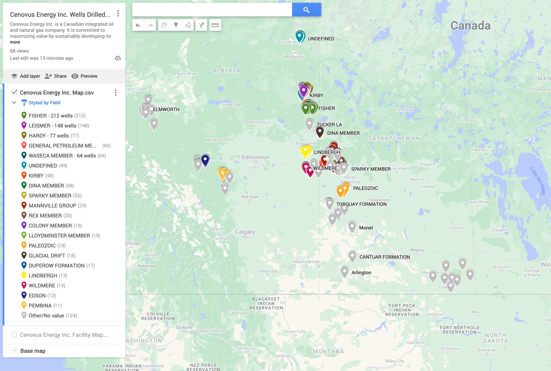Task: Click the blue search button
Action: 306,10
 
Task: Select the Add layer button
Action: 26,76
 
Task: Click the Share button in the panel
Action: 56,76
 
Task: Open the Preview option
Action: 84,76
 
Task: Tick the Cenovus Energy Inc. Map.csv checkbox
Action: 15,92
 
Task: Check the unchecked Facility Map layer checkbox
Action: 14,335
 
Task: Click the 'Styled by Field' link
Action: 44,103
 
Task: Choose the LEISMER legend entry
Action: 52,126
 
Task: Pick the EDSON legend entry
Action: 37,296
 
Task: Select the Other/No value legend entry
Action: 46,316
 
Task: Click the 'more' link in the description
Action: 15,42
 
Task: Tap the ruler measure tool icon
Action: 215,25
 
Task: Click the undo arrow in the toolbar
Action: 138,25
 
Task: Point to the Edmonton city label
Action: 255,157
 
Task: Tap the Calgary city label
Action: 245,232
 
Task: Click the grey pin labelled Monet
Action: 352,226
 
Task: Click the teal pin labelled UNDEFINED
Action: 299,36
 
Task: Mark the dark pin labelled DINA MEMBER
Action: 320,132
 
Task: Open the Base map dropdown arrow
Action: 15,351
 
